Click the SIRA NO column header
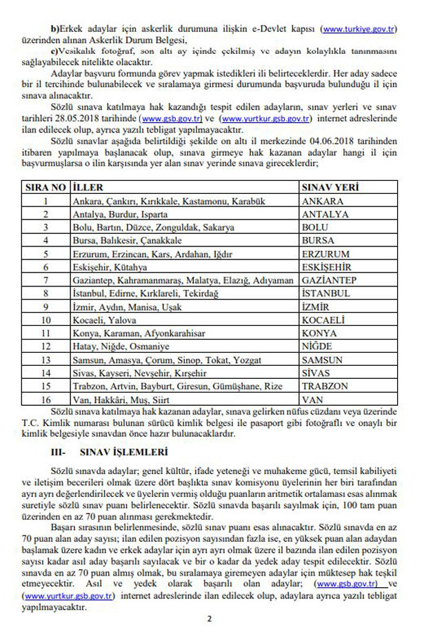(45, 187)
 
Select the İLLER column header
(88, 187)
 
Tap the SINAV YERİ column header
(330, 187)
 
